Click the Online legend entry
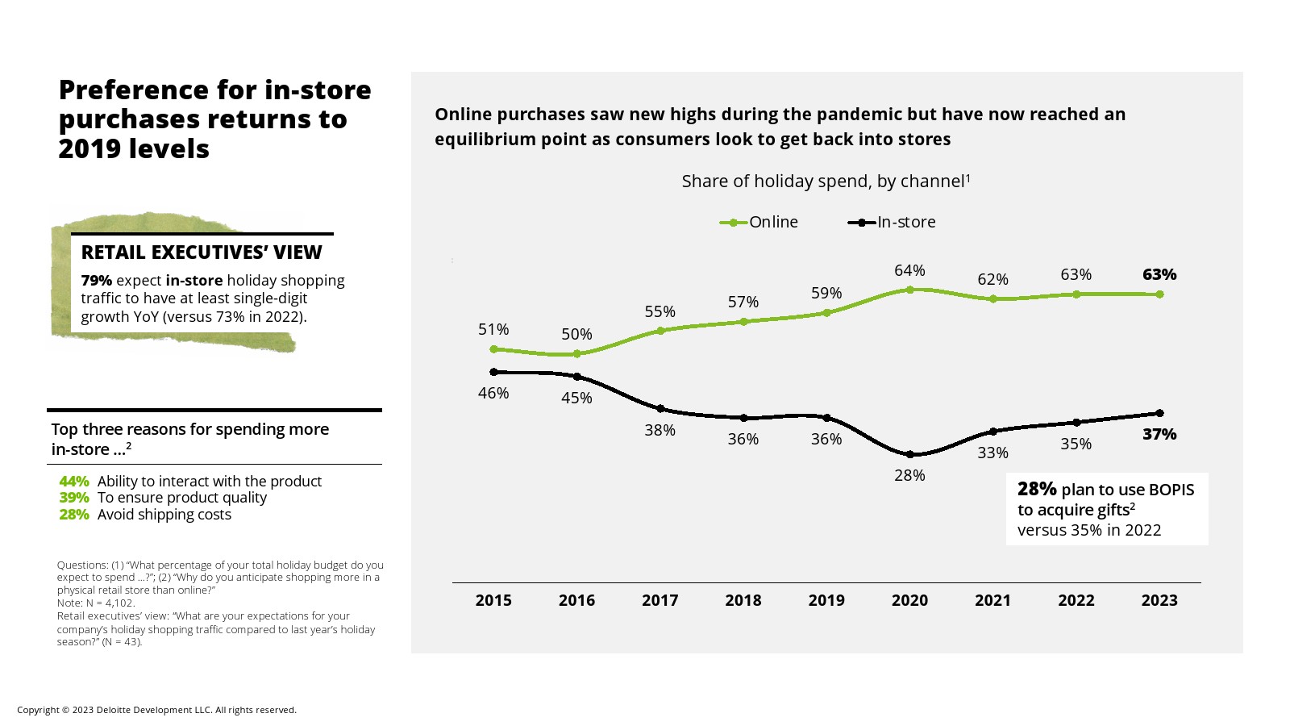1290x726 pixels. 759,222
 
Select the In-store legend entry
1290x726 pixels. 892,222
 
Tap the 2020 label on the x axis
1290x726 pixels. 909,600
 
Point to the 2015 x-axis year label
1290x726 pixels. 493,600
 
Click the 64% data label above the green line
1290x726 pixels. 909,270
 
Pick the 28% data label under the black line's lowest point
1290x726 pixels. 909,475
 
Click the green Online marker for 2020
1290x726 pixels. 909,289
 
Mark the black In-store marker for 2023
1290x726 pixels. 1159,413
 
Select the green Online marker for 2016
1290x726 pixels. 576,353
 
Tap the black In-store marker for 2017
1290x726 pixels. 660,408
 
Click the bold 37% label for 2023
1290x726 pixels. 1159,434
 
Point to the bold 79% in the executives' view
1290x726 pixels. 96,281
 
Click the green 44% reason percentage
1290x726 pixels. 74,482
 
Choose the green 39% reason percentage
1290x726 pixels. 74,498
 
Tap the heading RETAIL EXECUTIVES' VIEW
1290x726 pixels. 202,252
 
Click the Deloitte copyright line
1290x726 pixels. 156,710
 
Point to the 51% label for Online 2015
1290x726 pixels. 493,329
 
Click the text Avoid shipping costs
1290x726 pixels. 164,515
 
